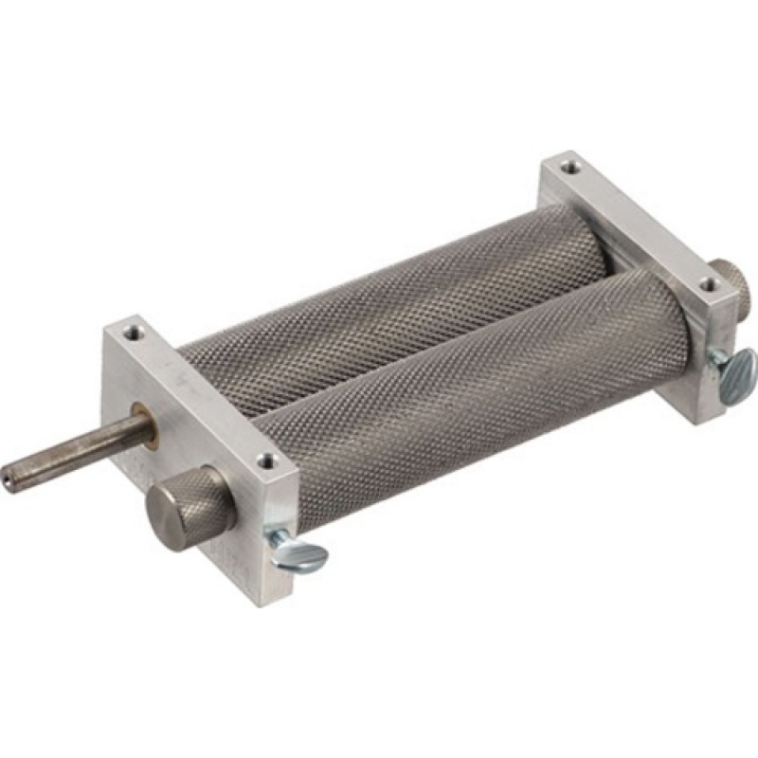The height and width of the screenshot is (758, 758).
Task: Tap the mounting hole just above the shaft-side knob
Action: pyautogui.click(x=268, y=462)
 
